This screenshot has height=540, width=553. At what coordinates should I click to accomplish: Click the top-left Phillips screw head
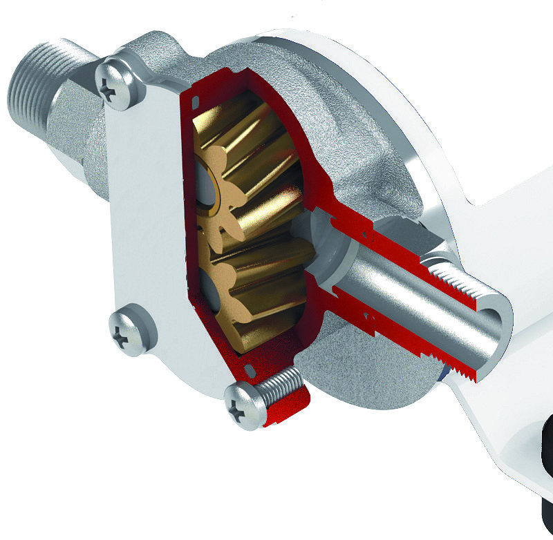click(x=122, y=82)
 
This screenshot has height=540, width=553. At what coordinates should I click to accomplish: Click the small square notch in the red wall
click(x=196, y=102)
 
